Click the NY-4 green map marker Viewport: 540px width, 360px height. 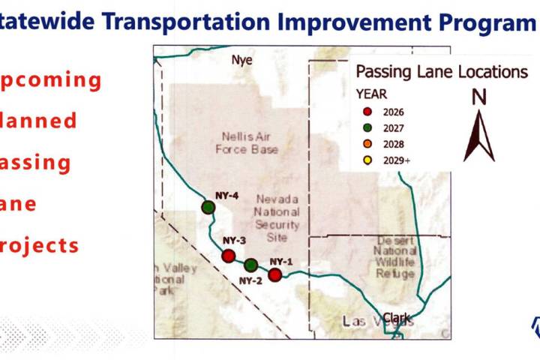tap(209, 206)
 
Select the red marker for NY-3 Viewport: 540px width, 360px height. tap(229, 256)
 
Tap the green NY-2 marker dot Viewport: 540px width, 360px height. tap(251, 265)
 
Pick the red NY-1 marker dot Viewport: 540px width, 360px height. tap(275, 275)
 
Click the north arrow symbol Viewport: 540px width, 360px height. tap(478, 135)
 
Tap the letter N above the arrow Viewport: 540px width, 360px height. tap(478, 97)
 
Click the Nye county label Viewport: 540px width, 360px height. tap(242, 60)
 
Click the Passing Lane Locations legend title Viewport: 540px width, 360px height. tap(441, 73)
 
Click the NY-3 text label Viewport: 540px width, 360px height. tap(234, 241)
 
